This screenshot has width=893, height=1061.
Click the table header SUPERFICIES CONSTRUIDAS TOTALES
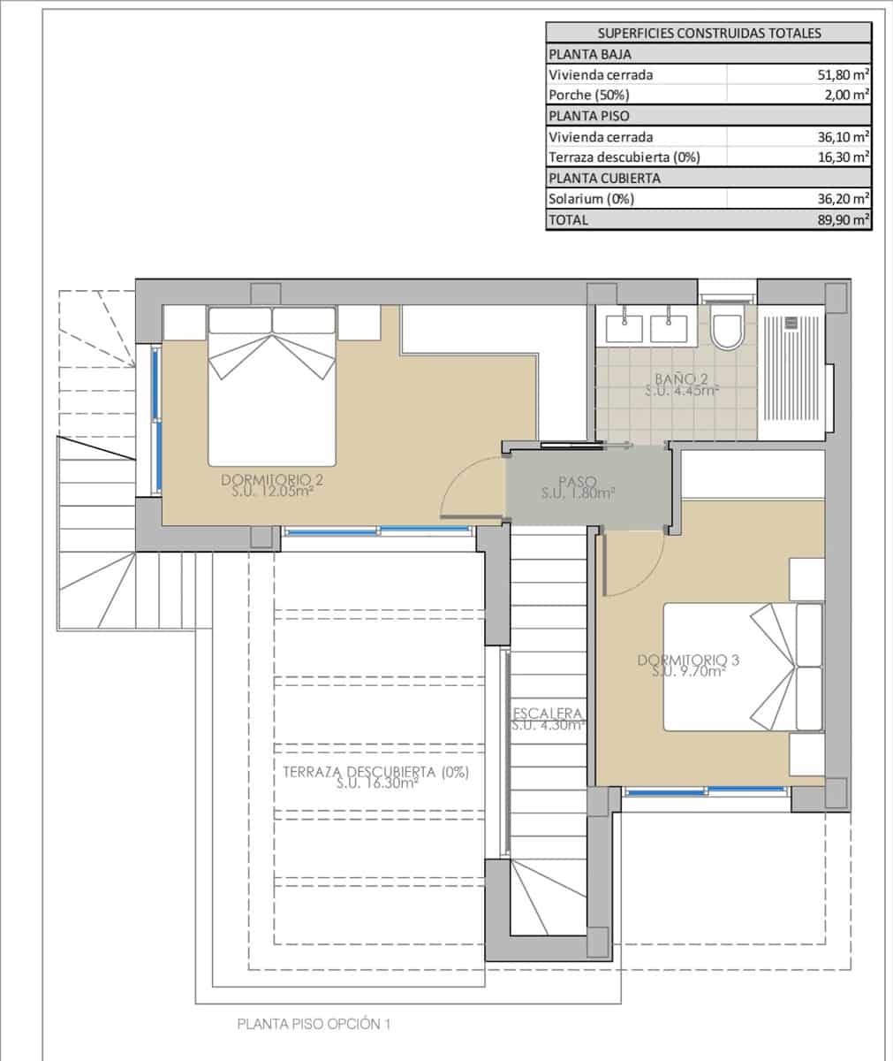pos(709,34)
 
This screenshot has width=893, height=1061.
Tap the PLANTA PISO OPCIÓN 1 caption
pos(314,1025)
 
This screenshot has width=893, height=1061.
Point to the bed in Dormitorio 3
pos(742,667)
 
